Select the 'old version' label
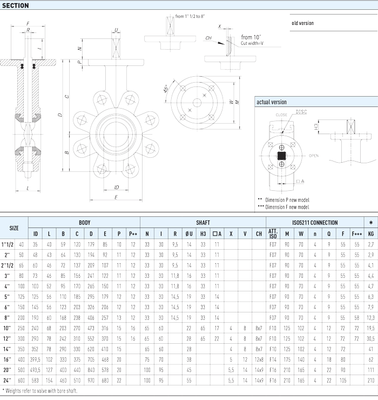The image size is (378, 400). [302, 23]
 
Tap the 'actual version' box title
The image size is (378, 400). [272, 102]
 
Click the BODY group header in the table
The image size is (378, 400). [84, 223]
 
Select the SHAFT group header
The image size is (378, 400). [203, 223]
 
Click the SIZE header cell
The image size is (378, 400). [14, 228]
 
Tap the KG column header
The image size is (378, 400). [370, 234]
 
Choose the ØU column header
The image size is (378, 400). [188, 234]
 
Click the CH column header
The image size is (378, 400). [259, 234]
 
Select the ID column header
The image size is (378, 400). [35, 234]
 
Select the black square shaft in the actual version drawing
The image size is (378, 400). [281, 157]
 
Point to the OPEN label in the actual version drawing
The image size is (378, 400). [314, 156]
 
